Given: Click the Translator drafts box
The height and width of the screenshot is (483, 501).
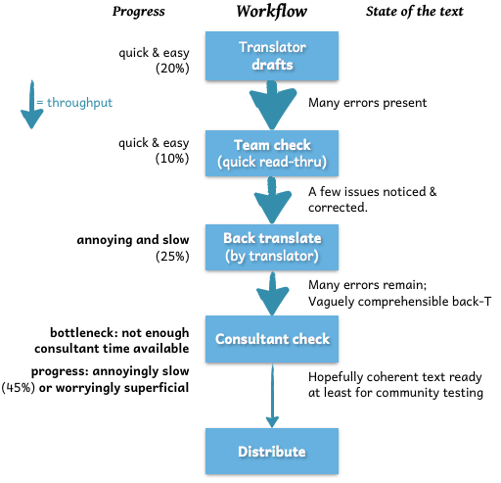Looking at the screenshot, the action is (x=272, y=56).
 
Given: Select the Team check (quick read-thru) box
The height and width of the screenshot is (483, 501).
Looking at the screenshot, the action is (x=272, y=153).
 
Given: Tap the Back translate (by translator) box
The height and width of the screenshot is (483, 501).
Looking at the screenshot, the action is (x=272, y=247).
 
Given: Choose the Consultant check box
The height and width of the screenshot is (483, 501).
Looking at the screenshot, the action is (x=272, y=339).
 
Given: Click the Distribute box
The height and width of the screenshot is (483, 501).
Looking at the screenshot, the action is (x=272, y=451).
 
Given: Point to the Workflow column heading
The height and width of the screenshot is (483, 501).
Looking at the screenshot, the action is (x=272, y=12).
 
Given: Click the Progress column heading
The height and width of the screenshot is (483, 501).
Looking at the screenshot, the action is (x=139, y=12).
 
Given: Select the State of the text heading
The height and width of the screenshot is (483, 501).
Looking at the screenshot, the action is (x=414, y=12).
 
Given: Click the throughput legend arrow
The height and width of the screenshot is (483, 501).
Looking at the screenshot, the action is (x=32, y=105).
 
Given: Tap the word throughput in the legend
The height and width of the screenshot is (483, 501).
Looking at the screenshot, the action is (x=79, y=103).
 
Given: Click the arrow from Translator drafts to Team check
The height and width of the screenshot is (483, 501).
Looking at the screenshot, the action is (x=272, y=105).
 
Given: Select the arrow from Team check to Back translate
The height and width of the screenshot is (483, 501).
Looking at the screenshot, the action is (x=272, y=200).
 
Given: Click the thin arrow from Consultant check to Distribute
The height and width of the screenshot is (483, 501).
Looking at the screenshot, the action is (x=272, y=396).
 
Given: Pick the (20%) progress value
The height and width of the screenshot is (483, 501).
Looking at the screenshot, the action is (x=172, y=69).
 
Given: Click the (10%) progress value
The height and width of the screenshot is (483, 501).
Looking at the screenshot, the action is (x=172, y=159).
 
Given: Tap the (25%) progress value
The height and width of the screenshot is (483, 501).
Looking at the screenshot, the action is (x=172, y=257).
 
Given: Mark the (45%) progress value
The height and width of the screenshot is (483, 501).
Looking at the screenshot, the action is (x=19, y=388).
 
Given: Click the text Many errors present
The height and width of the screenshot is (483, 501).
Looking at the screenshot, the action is (x=367, y=103).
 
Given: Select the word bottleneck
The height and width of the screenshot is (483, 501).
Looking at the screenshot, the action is (x=83, y=333).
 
